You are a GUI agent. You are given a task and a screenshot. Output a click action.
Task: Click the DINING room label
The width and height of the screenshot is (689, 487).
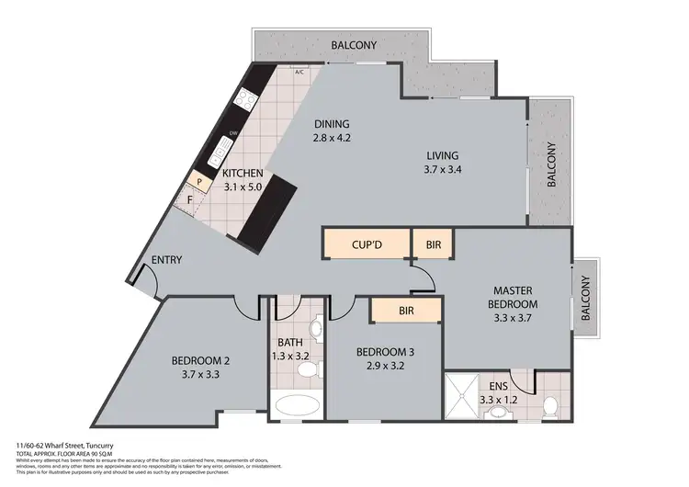[x=333, y=125]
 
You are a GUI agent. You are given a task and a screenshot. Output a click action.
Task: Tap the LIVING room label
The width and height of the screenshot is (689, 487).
[x=441, y=155]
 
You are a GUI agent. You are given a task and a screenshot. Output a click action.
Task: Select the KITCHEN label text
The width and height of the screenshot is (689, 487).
[x=243, y=173]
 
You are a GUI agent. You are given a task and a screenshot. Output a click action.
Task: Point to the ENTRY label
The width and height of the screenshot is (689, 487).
[x=166, y=260]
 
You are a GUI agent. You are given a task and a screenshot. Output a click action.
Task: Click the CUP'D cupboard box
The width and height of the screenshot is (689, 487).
[x=364, y=245]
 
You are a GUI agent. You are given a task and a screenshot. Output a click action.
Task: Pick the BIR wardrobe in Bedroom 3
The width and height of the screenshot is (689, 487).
[x=405, y=311]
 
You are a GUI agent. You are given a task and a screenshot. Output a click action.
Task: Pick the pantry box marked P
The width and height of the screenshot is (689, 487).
[x=198, y=182]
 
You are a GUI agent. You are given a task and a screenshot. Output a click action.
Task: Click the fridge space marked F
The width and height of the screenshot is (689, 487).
[x=190, y=199]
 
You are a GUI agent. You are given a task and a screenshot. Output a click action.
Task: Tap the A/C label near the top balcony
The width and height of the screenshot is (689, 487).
[x=299, y=72]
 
